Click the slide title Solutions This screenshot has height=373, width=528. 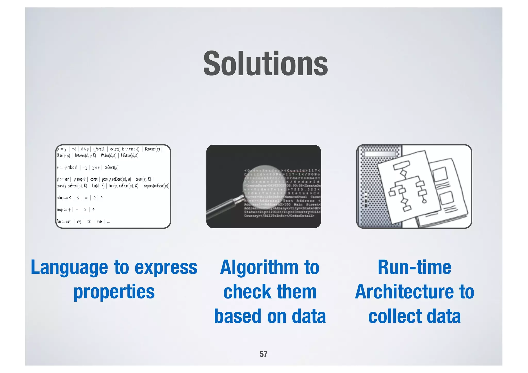265,64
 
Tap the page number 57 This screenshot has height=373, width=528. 263,354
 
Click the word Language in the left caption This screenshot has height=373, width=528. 69,267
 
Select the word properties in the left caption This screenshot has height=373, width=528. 114,292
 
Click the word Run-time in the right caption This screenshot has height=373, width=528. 414,267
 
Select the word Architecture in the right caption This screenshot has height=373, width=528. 404,292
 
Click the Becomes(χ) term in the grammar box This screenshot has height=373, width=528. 152,149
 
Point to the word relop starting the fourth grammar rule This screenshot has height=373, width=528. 60,198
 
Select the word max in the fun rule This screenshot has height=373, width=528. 100,222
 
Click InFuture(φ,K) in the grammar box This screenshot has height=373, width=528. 129,156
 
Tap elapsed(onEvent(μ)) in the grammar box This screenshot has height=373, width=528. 156,186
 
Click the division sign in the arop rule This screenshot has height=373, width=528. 93,210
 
